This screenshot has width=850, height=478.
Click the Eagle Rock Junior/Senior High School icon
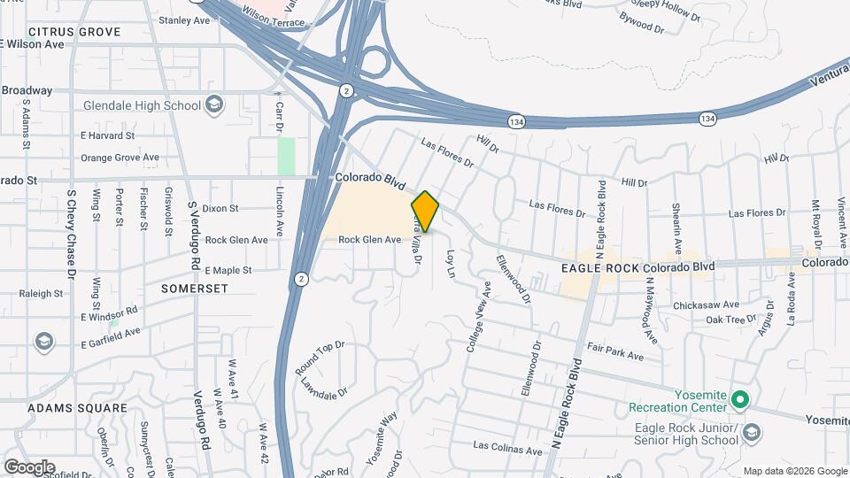(x=752, y=432)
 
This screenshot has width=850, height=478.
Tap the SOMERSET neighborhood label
(x=195, y=289)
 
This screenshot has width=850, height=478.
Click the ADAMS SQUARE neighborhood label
(x=77, y=408)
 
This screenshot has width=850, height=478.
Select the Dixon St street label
(x=220, y=209)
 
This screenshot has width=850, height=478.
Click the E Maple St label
(x=228, y=270)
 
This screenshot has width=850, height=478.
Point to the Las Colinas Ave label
(x=507, y=450)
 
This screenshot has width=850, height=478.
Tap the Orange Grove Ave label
(x=120, y=158)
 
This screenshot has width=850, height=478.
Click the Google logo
(x=29, y=466)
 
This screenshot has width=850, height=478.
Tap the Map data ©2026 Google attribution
(x=794, y=471)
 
